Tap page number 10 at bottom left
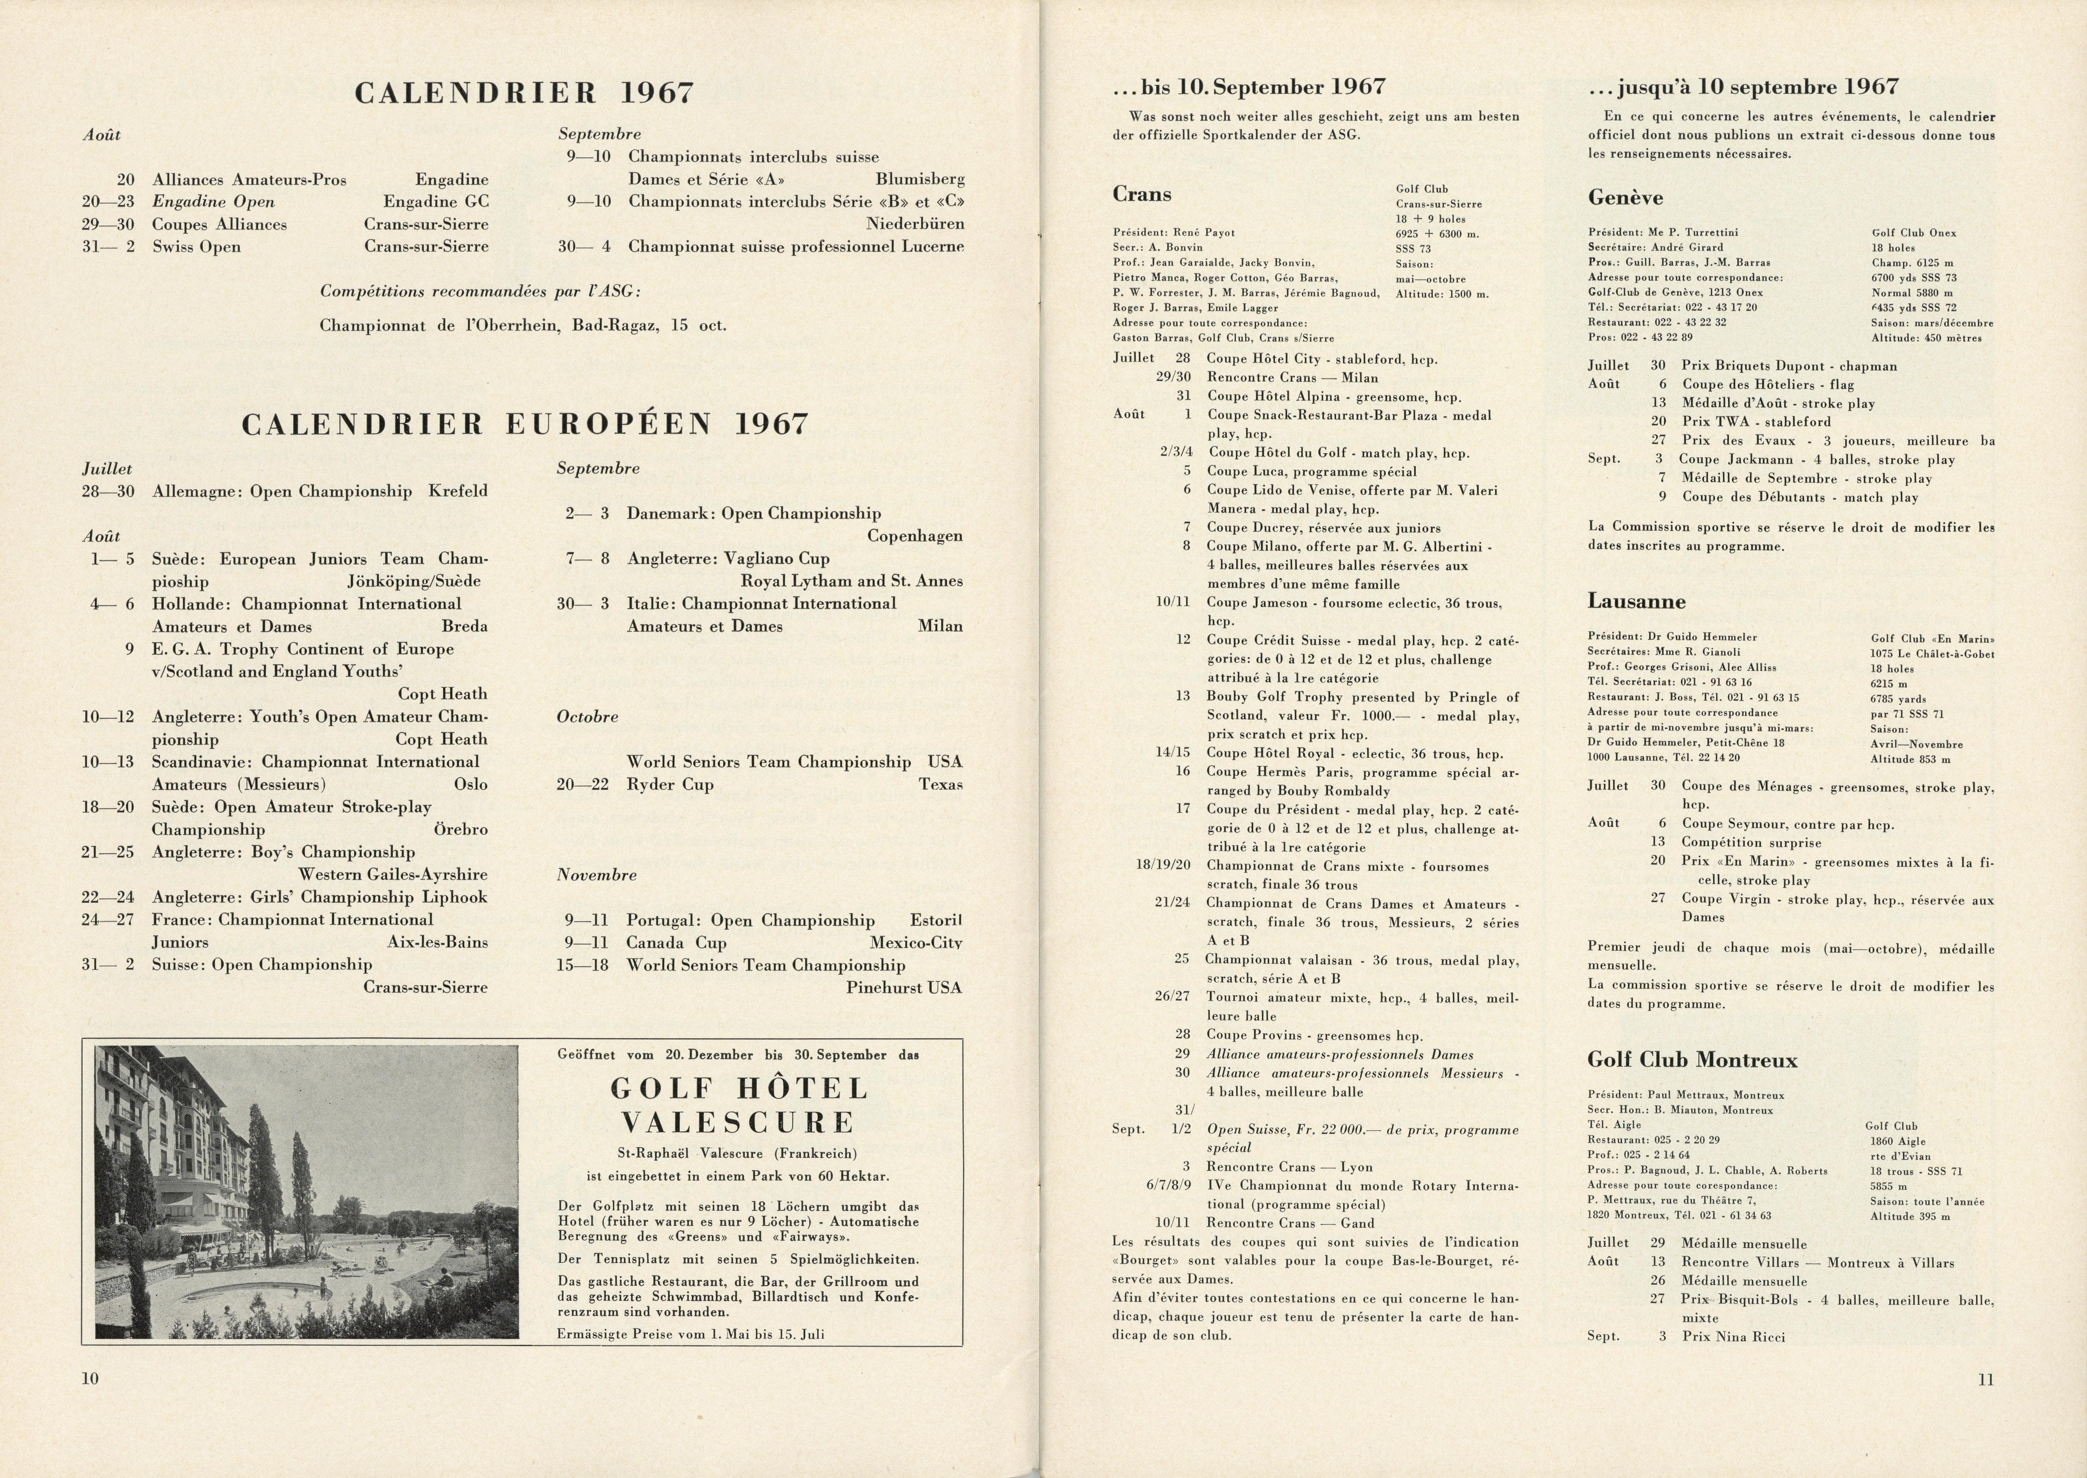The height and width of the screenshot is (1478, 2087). click(90, 1378)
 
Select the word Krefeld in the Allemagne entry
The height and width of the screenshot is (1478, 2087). click(458, 492)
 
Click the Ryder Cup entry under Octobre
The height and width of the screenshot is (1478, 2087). click(670, 785)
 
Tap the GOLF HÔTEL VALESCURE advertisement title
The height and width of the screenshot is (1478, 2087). click(739, 1105)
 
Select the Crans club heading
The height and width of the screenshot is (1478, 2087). click(1141, 194)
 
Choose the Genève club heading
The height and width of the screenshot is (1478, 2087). click(1625, 198)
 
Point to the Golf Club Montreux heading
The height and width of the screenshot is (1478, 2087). click(1692, 1060)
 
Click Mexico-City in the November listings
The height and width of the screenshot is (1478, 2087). click(915, 943)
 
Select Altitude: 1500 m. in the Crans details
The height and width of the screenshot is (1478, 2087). click(1442, 294)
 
